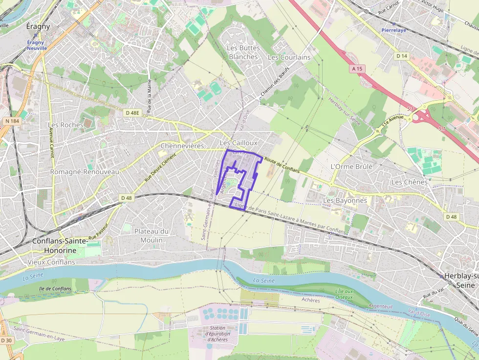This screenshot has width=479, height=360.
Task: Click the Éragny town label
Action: [38, 26]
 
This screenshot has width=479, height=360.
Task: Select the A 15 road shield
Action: [357, 69]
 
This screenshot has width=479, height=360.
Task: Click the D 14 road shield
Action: [402, 56]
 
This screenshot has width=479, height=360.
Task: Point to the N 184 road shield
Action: [12, 121]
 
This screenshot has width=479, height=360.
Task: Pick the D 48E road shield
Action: [132, 113]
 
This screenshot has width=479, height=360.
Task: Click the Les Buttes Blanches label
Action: [243, 52]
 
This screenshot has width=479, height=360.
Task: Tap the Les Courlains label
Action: [289, 57]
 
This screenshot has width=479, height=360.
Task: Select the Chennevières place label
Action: [182, 146]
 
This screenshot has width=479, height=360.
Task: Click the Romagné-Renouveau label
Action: [85, 172]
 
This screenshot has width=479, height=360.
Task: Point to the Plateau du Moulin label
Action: [152, 235]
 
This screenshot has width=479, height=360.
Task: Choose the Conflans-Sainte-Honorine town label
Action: [60, 246]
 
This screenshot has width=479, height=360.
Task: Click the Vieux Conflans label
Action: [52, 262]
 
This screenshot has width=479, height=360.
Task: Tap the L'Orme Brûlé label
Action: [351, 167]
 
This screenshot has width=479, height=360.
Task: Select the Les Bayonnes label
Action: [345, 200]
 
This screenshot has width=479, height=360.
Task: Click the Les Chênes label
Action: [409, 182]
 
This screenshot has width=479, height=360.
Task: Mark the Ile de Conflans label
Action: [55, 289]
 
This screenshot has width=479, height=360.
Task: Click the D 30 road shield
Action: [6, 340]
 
